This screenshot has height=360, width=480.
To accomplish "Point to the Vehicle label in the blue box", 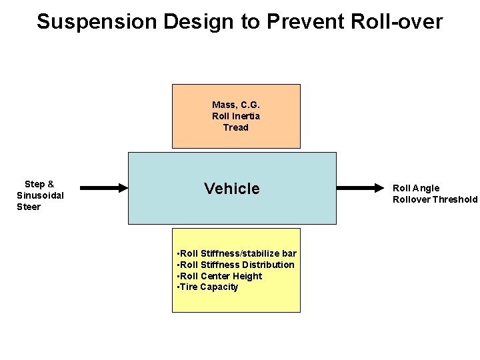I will tap(232, 189).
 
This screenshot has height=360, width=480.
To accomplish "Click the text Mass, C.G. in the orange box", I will tap(236, 105).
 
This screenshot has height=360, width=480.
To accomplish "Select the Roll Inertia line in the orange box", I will tap(236, 116).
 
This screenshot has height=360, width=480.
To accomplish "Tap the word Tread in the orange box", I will tap(236, 127).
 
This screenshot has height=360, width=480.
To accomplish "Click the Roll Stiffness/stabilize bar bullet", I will tap(237, 253).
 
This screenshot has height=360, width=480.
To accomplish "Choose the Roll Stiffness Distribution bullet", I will tap(235, 265).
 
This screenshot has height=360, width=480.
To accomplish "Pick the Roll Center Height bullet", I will tap(220, 276).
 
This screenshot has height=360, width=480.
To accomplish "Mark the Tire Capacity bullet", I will tap(207, 287).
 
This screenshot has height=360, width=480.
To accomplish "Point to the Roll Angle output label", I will tap(416, 188).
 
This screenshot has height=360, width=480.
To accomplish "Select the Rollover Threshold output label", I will tap(435, 199).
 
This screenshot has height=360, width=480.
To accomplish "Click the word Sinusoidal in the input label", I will tap(40, 195).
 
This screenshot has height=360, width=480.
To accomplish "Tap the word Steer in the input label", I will tap(29, 207).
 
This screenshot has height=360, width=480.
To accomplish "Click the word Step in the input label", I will tap(35, 184).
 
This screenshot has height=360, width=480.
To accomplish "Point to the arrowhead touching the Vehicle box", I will tap(123, 188).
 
